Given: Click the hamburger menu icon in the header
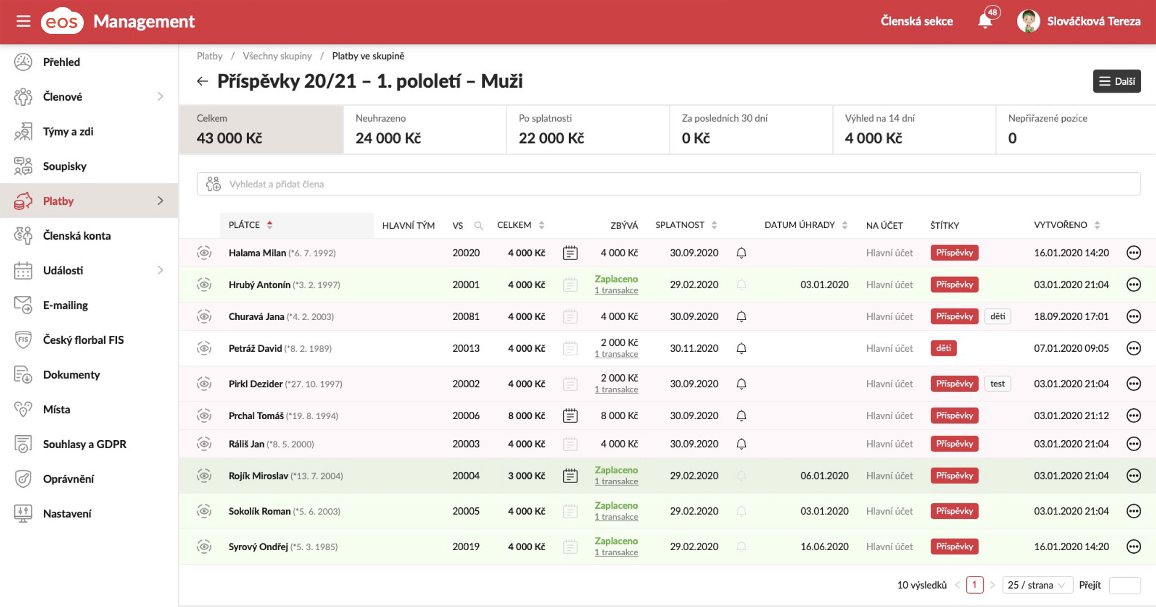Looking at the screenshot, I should (x=23, y=21).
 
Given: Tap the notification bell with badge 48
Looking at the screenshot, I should (x=984, y=21).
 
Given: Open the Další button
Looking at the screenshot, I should (x=1116, y=81).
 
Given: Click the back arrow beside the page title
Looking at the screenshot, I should (x=202, y=81).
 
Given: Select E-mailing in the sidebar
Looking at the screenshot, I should (x=65, y=305).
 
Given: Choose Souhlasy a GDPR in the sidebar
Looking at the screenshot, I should (x=84, y=444).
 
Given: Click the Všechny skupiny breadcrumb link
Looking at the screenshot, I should (x=277, y=56).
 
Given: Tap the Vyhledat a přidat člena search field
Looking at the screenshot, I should (x=669, y=184).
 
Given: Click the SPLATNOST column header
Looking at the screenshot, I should (x=680, y=225).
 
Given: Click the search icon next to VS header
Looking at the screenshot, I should (x=478, y=225).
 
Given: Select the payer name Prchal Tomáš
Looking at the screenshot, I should (x=256, y=415).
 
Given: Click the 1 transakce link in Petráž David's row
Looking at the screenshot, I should (x=616, y=354).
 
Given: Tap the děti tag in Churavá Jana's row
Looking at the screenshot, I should (x=997, y=316).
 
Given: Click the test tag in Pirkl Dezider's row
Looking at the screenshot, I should (x=997, y=383).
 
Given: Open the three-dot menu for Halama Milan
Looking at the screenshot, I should (x=1133, y=253).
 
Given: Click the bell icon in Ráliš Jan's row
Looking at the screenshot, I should (x=741, y=444).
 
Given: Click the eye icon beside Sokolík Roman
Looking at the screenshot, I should (x=204, y=511).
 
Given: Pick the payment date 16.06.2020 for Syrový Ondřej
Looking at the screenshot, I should (x=824, y=546).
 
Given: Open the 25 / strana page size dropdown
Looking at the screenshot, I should (x=1036, y=585).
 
